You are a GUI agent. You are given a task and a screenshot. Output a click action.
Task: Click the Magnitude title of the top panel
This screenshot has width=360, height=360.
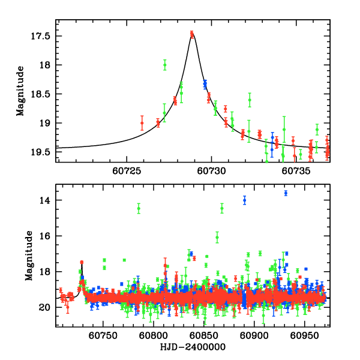(x=20, y=91)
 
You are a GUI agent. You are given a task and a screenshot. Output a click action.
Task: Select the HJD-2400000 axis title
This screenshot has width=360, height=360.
(x=192, y=347)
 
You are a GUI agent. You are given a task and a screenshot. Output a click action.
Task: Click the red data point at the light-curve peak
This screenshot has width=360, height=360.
(x=192, y=34)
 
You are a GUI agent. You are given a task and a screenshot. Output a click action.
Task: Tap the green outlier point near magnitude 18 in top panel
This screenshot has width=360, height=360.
(x=164, y=65)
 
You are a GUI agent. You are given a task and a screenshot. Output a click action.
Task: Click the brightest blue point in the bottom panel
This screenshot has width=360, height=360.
(x=286, y=193)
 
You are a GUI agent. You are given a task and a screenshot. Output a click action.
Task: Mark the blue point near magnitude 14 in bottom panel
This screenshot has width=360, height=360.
(x=244, y=200)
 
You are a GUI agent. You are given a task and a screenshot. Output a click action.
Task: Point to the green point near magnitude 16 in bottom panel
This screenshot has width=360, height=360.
(x=217, y=238)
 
